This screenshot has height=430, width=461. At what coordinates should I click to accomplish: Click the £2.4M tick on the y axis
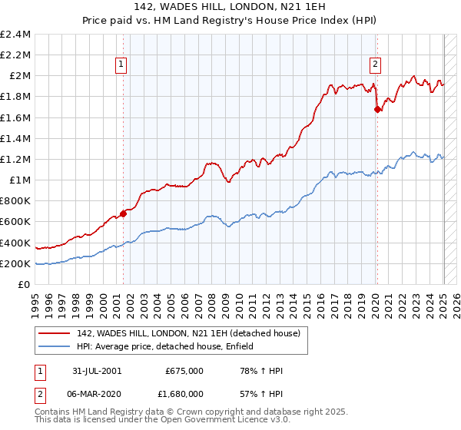15,34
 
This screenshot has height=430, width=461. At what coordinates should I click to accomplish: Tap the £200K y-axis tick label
15,263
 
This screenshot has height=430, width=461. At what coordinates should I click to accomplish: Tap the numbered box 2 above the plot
376,64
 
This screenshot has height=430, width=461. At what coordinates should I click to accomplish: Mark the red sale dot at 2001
123,214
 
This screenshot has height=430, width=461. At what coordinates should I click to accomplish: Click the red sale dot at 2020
376,109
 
